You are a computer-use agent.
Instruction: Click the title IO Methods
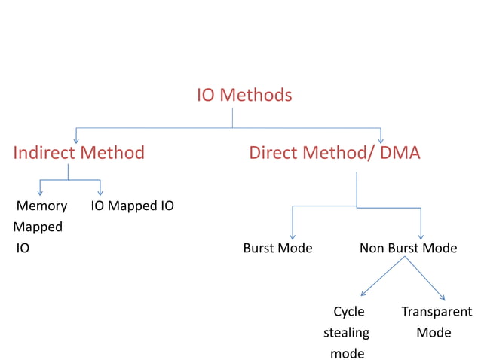[x=244, y=96]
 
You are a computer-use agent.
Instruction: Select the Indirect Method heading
[x=79, y=153]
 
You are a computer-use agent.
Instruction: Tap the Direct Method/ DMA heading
[x=334, y=153]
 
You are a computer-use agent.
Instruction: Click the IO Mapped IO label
[x=132, y=206]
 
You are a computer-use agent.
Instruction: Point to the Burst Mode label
[x=277, y=248]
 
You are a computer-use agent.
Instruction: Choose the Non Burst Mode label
[x=408, y=248]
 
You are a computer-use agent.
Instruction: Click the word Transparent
[x=437, y=311]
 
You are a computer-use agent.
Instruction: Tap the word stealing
[x=346, y=332]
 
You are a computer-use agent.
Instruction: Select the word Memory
[x=41, y=206]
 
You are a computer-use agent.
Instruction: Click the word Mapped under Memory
[x=38, y=227]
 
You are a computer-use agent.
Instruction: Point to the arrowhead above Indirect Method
[x=76, y=139]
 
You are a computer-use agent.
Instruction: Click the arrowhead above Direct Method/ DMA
[x=381, y=139]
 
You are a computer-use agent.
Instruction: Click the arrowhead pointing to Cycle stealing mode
[x=363, y=293]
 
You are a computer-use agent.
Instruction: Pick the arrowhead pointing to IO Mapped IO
[x=100, y=193]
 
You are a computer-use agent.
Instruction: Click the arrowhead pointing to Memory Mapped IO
[x=40, y=193]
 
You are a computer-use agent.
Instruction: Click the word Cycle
[x=349, y=311]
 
